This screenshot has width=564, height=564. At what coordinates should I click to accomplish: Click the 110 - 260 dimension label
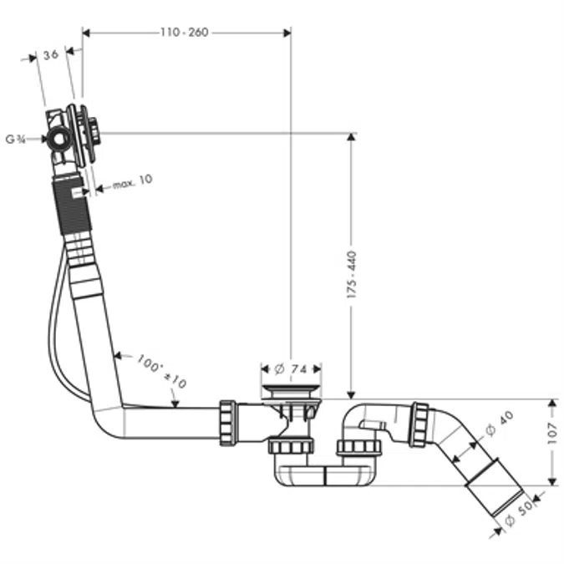click(185, 33)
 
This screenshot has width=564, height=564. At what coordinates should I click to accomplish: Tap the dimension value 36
click(50, 55)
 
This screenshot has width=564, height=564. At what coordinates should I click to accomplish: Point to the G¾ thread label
click(14, 139)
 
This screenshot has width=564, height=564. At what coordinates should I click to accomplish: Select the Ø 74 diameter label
click(291, 368)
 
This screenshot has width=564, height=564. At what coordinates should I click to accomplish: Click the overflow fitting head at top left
click(75, 134)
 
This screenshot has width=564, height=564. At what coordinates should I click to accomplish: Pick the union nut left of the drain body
click(227, 423)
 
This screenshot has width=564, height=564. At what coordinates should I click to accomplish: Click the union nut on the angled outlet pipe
click(419, 424)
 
